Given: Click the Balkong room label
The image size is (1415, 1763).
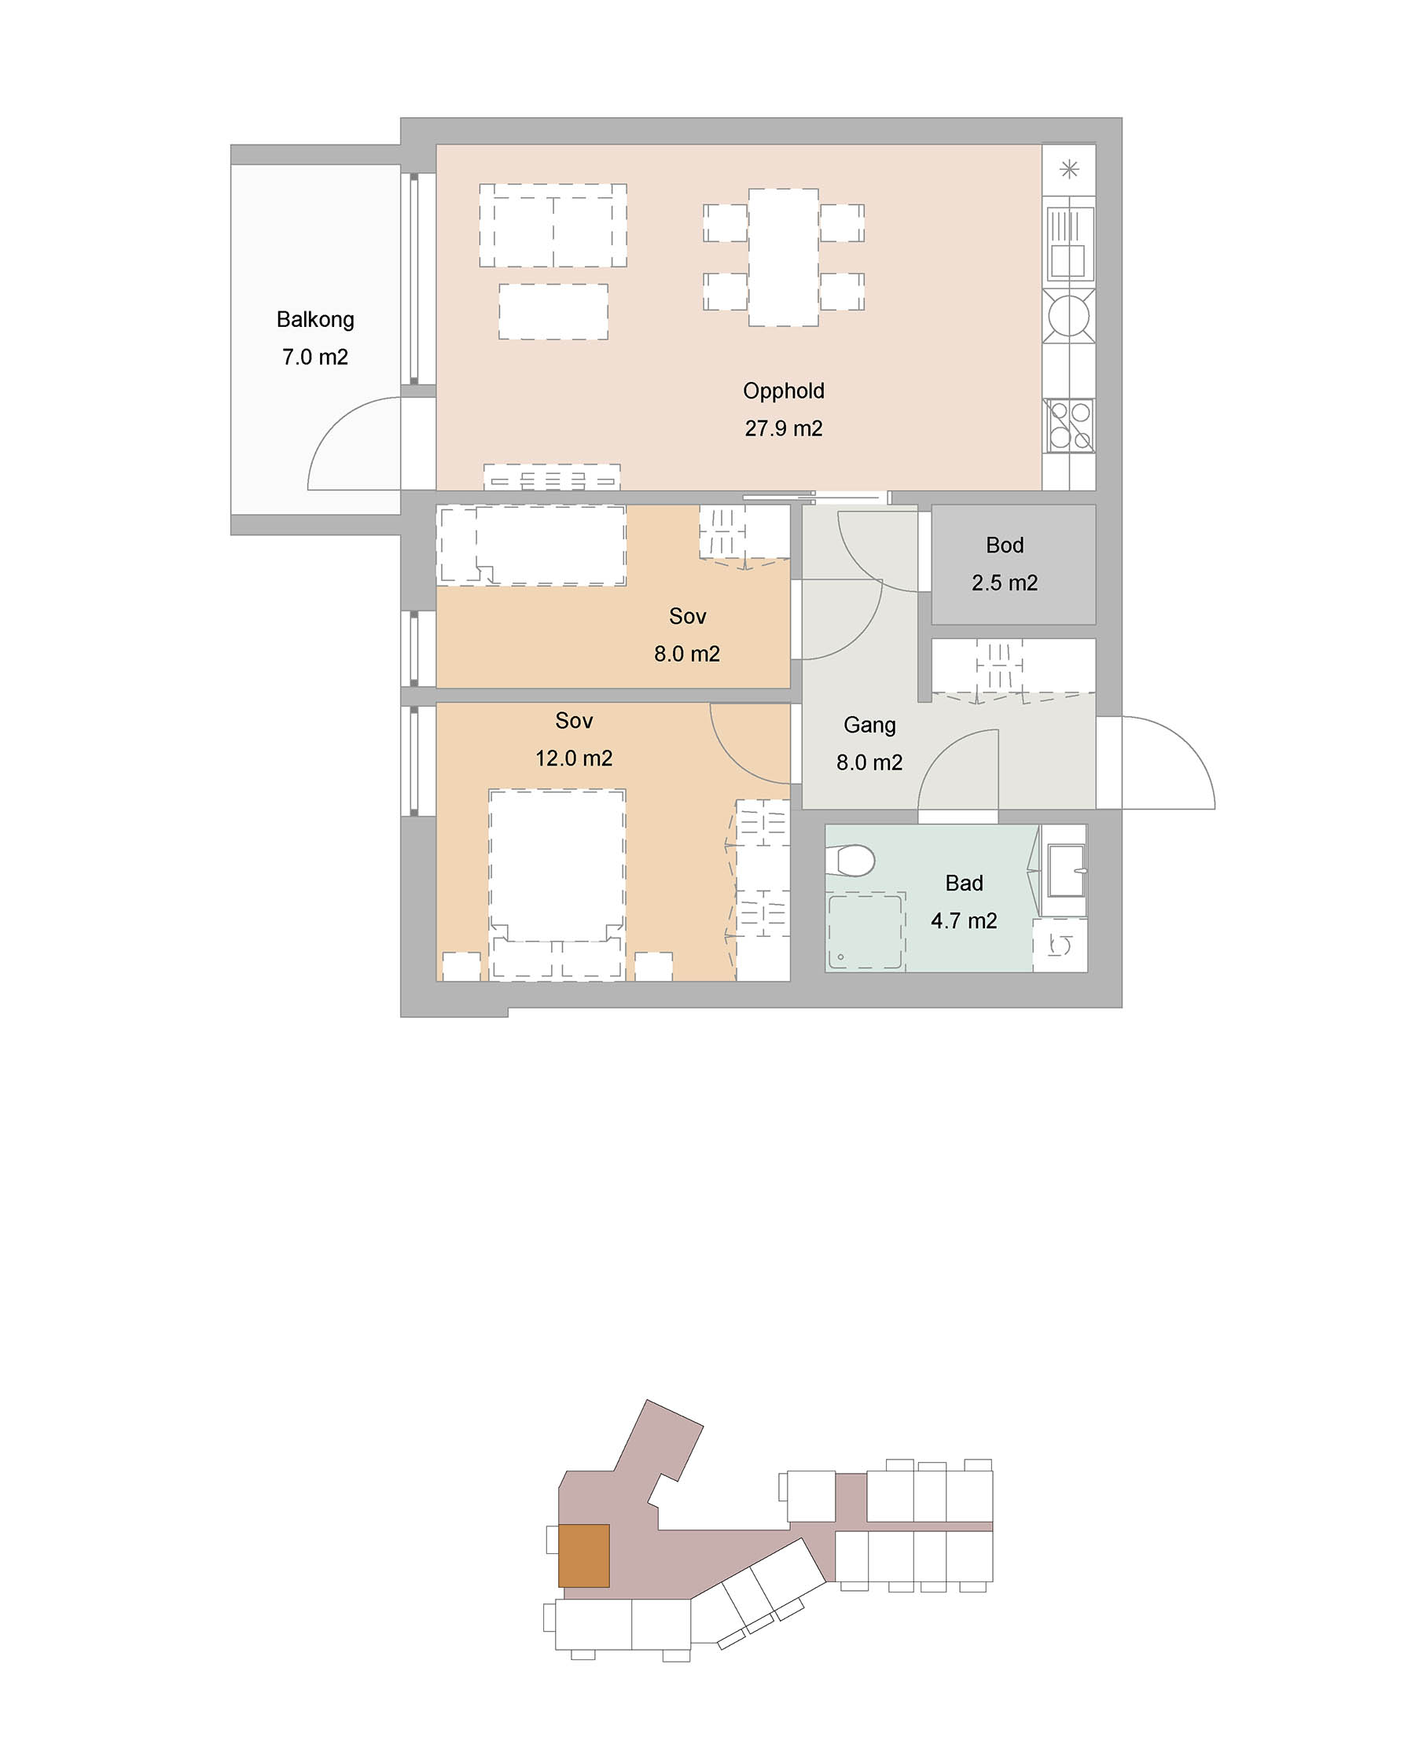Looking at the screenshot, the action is point(315,320).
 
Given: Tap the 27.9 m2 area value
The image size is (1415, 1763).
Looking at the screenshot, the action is point(783,428).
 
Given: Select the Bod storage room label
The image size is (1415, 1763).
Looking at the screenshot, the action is point(1005,545).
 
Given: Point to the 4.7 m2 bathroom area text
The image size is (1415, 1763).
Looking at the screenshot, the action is point(964,920).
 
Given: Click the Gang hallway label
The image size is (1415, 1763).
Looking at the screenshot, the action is point(869,725).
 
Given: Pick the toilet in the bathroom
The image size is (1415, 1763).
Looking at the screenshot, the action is point(850,859).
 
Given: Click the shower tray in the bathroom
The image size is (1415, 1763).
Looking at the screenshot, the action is point(866,932).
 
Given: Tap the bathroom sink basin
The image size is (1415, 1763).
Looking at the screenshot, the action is point(1067,870).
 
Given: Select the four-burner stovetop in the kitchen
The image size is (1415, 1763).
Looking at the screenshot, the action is point(1070,425).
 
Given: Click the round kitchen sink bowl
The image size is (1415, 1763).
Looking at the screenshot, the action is point(1069,315).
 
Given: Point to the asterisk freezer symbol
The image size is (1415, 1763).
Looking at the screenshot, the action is point(1069,169).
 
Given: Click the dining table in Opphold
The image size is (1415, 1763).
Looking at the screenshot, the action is point(784,258).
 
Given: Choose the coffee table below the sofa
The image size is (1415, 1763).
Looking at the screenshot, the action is point(553,311).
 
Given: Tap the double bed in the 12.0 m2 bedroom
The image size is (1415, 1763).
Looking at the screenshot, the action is point(557,884).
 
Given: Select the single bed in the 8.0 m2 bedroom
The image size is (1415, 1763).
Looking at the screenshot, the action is point(531,545).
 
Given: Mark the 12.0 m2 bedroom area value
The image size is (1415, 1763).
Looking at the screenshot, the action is point(573,758).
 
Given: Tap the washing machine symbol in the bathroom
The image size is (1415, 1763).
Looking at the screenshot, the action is point(1060,946).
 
